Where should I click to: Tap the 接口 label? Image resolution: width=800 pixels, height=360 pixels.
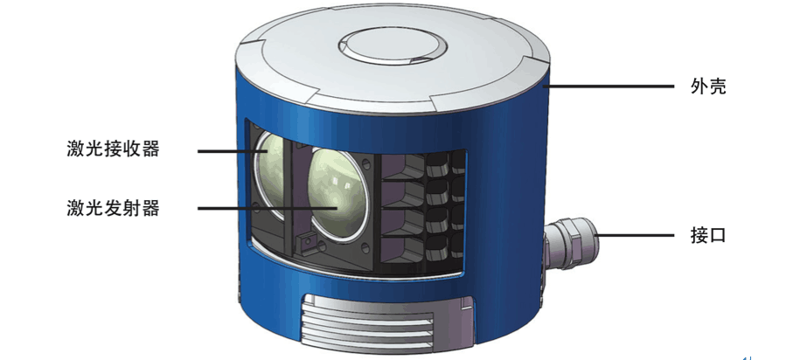click(708, 236)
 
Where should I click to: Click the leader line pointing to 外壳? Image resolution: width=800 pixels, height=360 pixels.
click(612, 87)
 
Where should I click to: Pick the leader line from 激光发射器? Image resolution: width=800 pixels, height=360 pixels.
click(262, 208)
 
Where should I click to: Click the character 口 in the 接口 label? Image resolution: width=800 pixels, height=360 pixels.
click(718, 236)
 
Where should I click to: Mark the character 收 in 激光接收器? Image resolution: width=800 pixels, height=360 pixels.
click(132, 149)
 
